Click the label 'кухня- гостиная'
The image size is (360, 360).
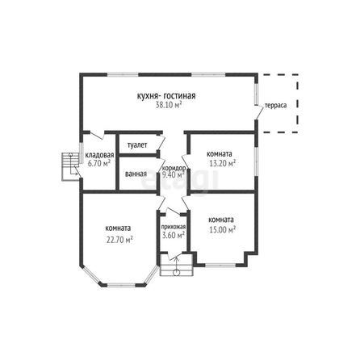point(166,96)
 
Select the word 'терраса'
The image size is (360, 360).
point(276,105)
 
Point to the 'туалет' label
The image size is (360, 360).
point(137,145)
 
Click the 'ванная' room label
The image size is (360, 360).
point(136,174)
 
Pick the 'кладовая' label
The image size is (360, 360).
point(99,155)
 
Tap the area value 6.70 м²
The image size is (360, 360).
point(99,163)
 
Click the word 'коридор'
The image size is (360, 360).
point(174,168)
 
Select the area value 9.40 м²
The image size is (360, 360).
point(173,175)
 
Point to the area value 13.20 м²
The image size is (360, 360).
point(223,163)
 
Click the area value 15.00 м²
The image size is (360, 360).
point(223,230)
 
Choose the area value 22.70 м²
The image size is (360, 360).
point(120,240)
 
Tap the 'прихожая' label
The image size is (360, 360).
point(174,227)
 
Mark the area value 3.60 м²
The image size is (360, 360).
point(174,235)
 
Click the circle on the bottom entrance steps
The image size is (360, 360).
point(176,273)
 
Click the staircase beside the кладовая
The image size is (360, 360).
point(71,166)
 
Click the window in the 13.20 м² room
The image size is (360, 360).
point(257,161)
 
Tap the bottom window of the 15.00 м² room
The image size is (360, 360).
point(220,265)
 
